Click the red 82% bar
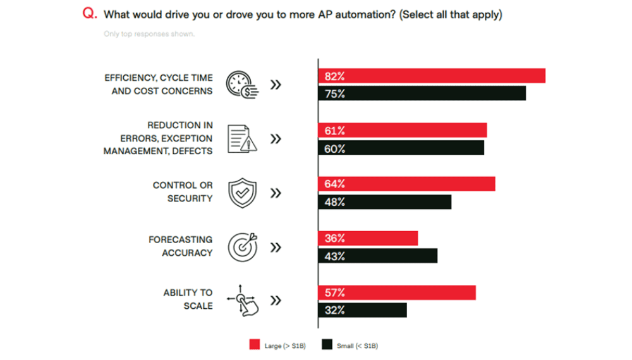pos(431,76)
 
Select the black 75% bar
pos(422,93)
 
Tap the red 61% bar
pos(402,130)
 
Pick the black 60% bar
pos(401,148)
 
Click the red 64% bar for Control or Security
pos(406,184)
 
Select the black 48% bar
pos(384,202)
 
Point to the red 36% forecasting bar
pos(368,238)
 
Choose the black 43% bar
pos(377,256)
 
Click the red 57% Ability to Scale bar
pos(396,292)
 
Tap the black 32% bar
pos(362,310)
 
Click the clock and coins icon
pos(243,84)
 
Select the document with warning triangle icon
pos(241,138)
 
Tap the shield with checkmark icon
pos(241,193)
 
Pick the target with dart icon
pos(242,247)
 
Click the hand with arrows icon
pos(243,300)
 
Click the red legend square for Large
pos(255,345)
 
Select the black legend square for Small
pos(327,345)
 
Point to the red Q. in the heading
pos(90,15)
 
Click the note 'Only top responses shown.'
pos(149,34)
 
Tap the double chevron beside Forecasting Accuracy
pos(276,247)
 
